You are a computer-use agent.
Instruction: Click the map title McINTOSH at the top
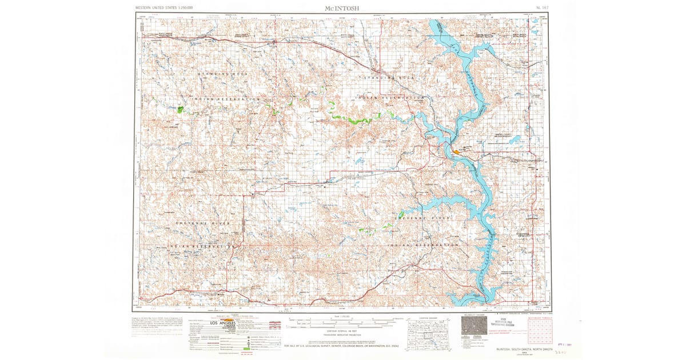pos(342,7)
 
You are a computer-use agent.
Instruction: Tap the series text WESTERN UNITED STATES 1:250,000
pos(163,8)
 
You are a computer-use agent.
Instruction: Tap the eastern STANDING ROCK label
pos(389,77)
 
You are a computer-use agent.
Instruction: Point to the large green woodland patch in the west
pos(180,109)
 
